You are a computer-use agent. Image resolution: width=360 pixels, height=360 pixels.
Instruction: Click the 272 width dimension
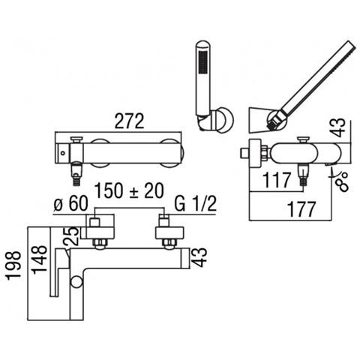129,121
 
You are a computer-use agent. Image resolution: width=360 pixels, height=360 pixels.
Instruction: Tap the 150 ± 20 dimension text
130,190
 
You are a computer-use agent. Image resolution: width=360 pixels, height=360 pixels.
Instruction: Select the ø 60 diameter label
71,203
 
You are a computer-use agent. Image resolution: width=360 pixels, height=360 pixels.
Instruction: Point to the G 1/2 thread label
195,203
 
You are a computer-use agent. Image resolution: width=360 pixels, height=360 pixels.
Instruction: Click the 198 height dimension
13,265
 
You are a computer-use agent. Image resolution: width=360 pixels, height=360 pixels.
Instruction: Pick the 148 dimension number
40,260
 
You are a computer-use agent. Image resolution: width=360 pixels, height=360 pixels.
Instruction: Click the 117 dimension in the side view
277,180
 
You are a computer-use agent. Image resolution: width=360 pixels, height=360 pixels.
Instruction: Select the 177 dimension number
301,209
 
